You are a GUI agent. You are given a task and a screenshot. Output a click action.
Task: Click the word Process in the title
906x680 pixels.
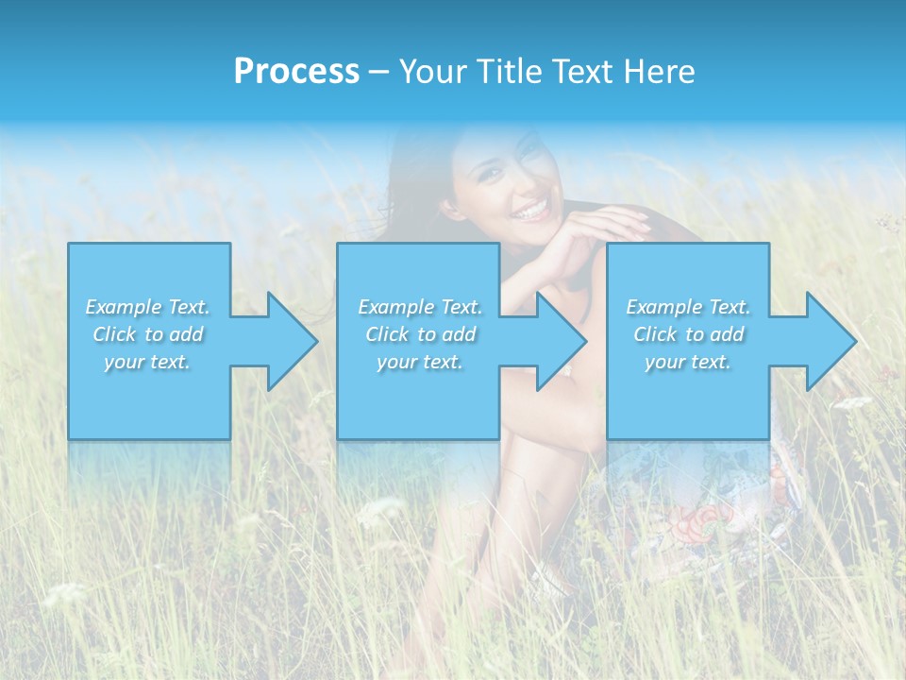click(x=296, y=72)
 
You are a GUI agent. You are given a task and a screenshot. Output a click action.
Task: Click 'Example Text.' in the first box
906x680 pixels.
click(x=147, y=307)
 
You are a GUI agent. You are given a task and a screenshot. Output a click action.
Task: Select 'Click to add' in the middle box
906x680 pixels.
click(x=420, y=334)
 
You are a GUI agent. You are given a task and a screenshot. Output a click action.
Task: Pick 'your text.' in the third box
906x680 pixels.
click(x=688, y=362)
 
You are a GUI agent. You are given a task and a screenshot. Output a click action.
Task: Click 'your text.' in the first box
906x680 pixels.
click(x=147, y=362)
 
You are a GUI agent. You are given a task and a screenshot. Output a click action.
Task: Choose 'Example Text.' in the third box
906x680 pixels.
click(x=688, y=307)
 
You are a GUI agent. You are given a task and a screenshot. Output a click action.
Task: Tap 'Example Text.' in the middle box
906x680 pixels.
click(x=420, y=307)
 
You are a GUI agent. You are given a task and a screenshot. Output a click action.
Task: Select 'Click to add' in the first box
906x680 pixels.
click(x=147, y=334)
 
